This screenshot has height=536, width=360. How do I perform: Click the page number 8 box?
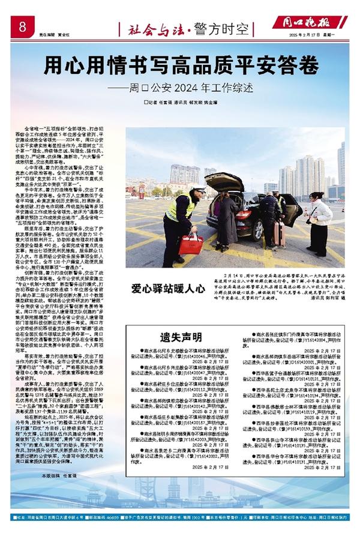coord(22,26)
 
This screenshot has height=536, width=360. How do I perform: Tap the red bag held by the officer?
coord(191,243)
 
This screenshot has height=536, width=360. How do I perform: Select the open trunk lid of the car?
coord(224,181)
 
